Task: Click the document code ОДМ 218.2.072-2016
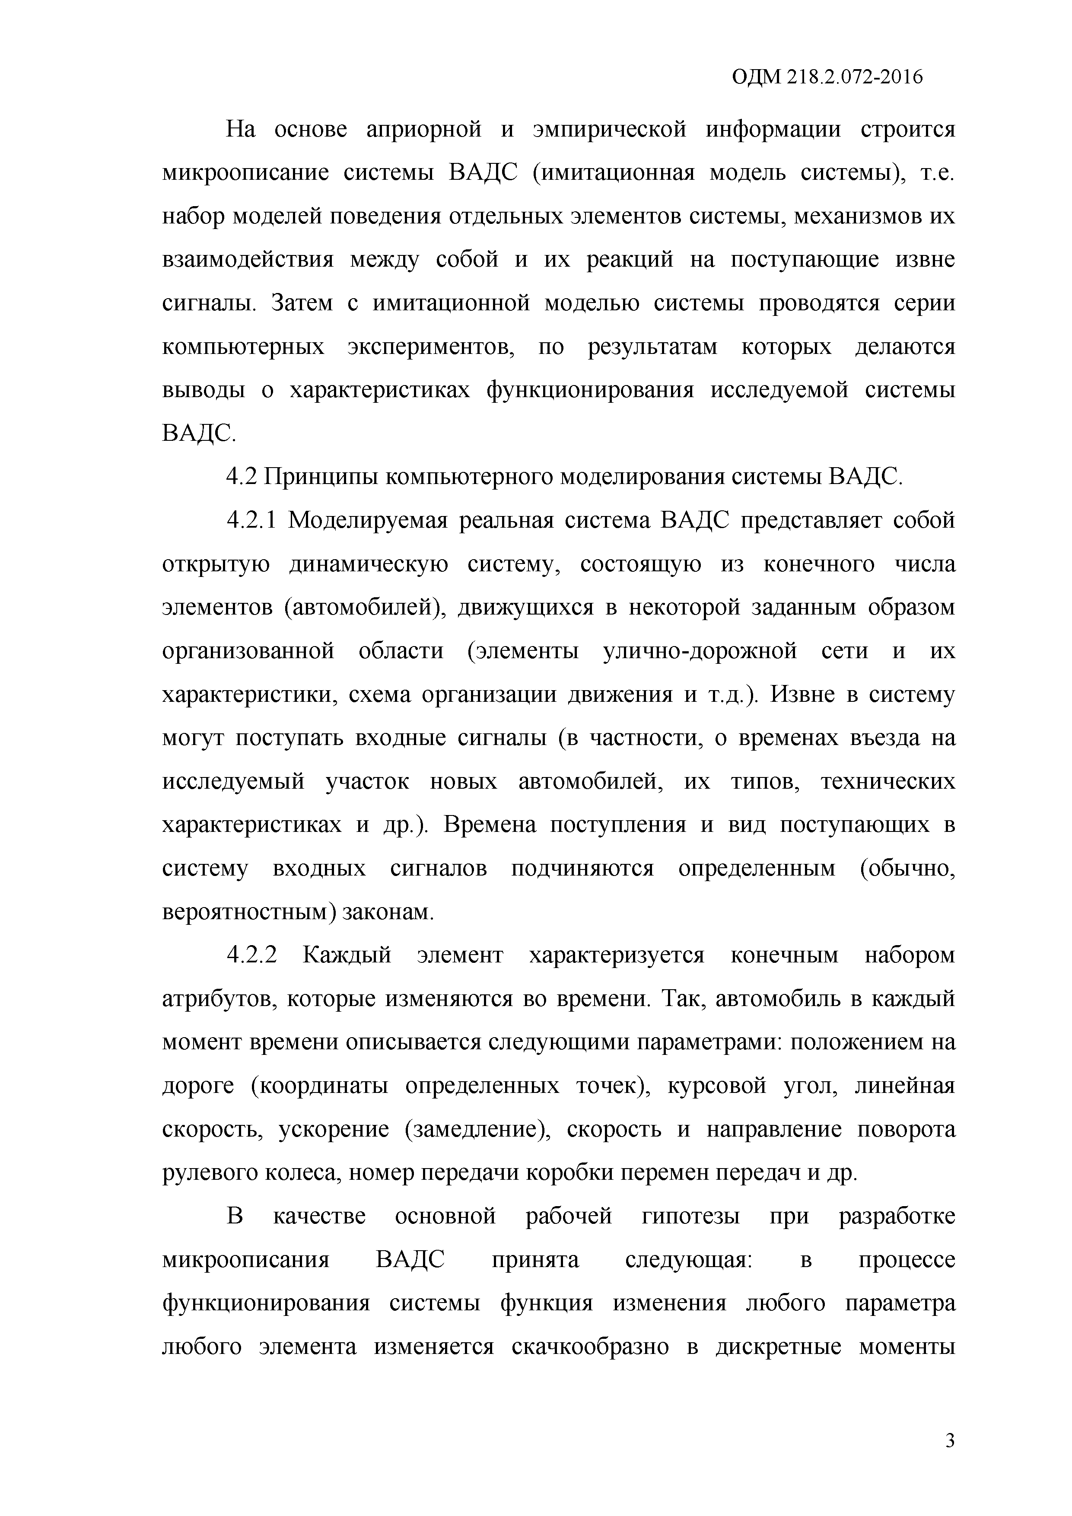tap(827, 78)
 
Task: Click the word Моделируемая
tap(366, 520)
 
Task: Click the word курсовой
tap(717, 1086)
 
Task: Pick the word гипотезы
tap(691, 1216)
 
